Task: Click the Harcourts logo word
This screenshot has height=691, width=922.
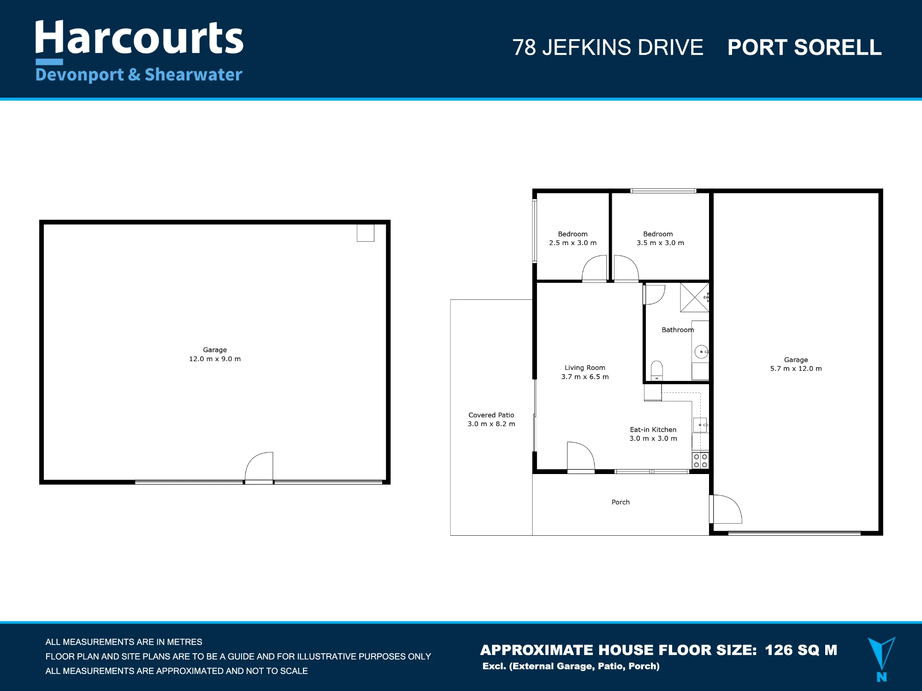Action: click(x=139, y=38)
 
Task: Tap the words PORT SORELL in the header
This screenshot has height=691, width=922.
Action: click(x=804, y=47)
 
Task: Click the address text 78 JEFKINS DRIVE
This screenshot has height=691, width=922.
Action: click(x=608, y=47)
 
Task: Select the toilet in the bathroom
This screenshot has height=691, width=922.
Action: click(x=657, y=371)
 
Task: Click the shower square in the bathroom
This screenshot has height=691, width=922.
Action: click(x=695, y=298)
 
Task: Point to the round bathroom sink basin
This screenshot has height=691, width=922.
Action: click(x=701, y=352)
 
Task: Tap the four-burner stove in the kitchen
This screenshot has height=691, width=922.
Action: click(x=700, y=461)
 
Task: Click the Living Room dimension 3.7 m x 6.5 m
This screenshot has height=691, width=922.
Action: click(x=585, y=377)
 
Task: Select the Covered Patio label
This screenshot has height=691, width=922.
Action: click(x=491, y=415)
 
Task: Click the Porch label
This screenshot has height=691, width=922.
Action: click(x=621, y=502)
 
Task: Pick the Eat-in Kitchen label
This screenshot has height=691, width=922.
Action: click(x=653, y=430)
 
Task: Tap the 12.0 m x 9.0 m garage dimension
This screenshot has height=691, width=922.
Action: click(x=215, y=359)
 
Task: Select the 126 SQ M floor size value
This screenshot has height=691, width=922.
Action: click(x=801, y=650)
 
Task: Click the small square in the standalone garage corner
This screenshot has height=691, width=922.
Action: click(x=366, y=233)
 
